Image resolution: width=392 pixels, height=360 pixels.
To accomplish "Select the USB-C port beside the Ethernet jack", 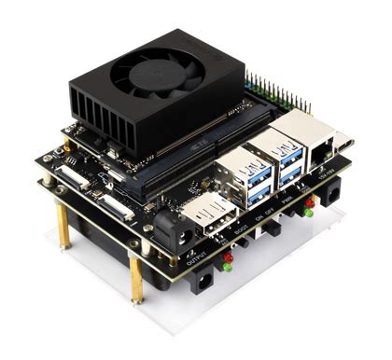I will (343, 145).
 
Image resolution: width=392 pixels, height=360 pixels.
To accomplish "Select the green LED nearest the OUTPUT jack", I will (224, 268).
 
